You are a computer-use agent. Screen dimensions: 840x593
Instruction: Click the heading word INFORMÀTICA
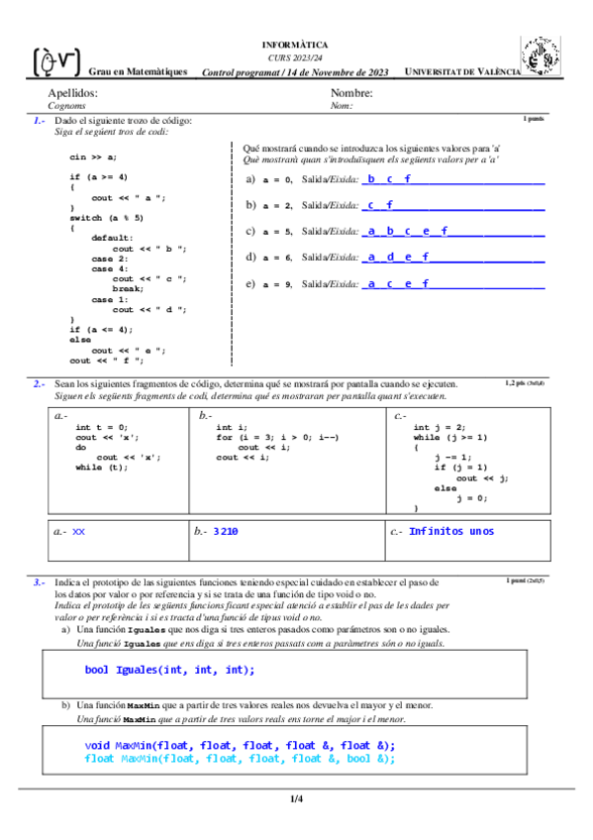(295, 46)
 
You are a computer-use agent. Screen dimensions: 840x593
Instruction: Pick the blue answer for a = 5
(406, 231)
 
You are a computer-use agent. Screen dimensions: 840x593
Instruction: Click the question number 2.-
(39, 382)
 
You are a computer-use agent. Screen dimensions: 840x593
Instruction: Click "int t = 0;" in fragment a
(102, 427)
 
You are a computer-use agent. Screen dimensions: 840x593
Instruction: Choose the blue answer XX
(79, 532)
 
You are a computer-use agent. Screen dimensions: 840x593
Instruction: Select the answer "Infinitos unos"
(451, 532)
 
